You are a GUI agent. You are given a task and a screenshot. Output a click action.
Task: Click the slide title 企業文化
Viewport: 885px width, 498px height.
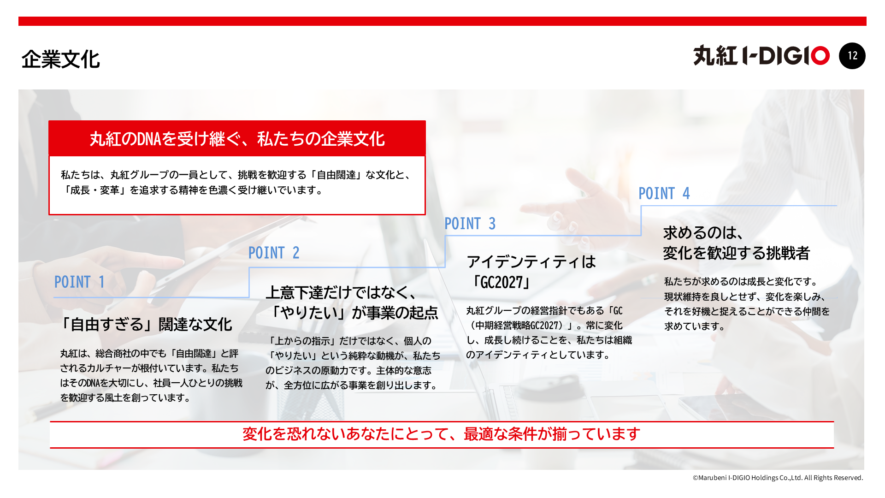tap(60, 59)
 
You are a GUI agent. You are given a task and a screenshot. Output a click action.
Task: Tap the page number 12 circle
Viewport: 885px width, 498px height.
tap(852, 56)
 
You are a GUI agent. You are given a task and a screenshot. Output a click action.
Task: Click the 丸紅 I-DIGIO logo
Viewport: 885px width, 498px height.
tap(761, 56)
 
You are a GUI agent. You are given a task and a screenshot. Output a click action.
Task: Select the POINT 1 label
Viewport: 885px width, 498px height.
tap(80, 282)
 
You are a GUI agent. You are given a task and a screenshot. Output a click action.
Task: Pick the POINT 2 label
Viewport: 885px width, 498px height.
tap(274, 253)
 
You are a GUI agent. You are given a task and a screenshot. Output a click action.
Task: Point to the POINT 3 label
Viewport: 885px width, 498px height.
tap(470, 224)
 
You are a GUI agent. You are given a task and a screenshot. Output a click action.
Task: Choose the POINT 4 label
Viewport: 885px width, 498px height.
tap(664, 193)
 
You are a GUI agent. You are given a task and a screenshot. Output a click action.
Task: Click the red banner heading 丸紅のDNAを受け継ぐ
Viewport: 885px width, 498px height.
tap(237, 138)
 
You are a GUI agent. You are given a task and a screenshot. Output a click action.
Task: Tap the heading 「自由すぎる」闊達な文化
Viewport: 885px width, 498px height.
tap(146, 324)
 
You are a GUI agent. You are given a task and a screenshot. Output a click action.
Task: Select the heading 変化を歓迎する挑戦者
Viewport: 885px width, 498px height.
tap(736, 253)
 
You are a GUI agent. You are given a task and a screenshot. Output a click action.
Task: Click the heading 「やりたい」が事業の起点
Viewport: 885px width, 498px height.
tap(354, 313)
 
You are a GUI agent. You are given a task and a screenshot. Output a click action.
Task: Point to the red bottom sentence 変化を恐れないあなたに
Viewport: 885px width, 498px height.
tap(441, 434)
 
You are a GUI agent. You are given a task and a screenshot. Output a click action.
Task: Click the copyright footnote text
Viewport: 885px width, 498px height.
tap(778, 478)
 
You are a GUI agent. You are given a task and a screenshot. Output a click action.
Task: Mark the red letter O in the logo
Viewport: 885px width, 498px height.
tap(820, 56)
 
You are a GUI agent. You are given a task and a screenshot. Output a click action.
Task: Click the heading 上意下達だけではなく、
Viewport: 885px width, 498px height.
tap(342, 292)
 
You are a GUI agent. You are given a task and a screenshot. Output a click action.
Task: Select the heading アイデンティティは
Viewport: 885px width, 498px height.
tap(531, 262)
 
